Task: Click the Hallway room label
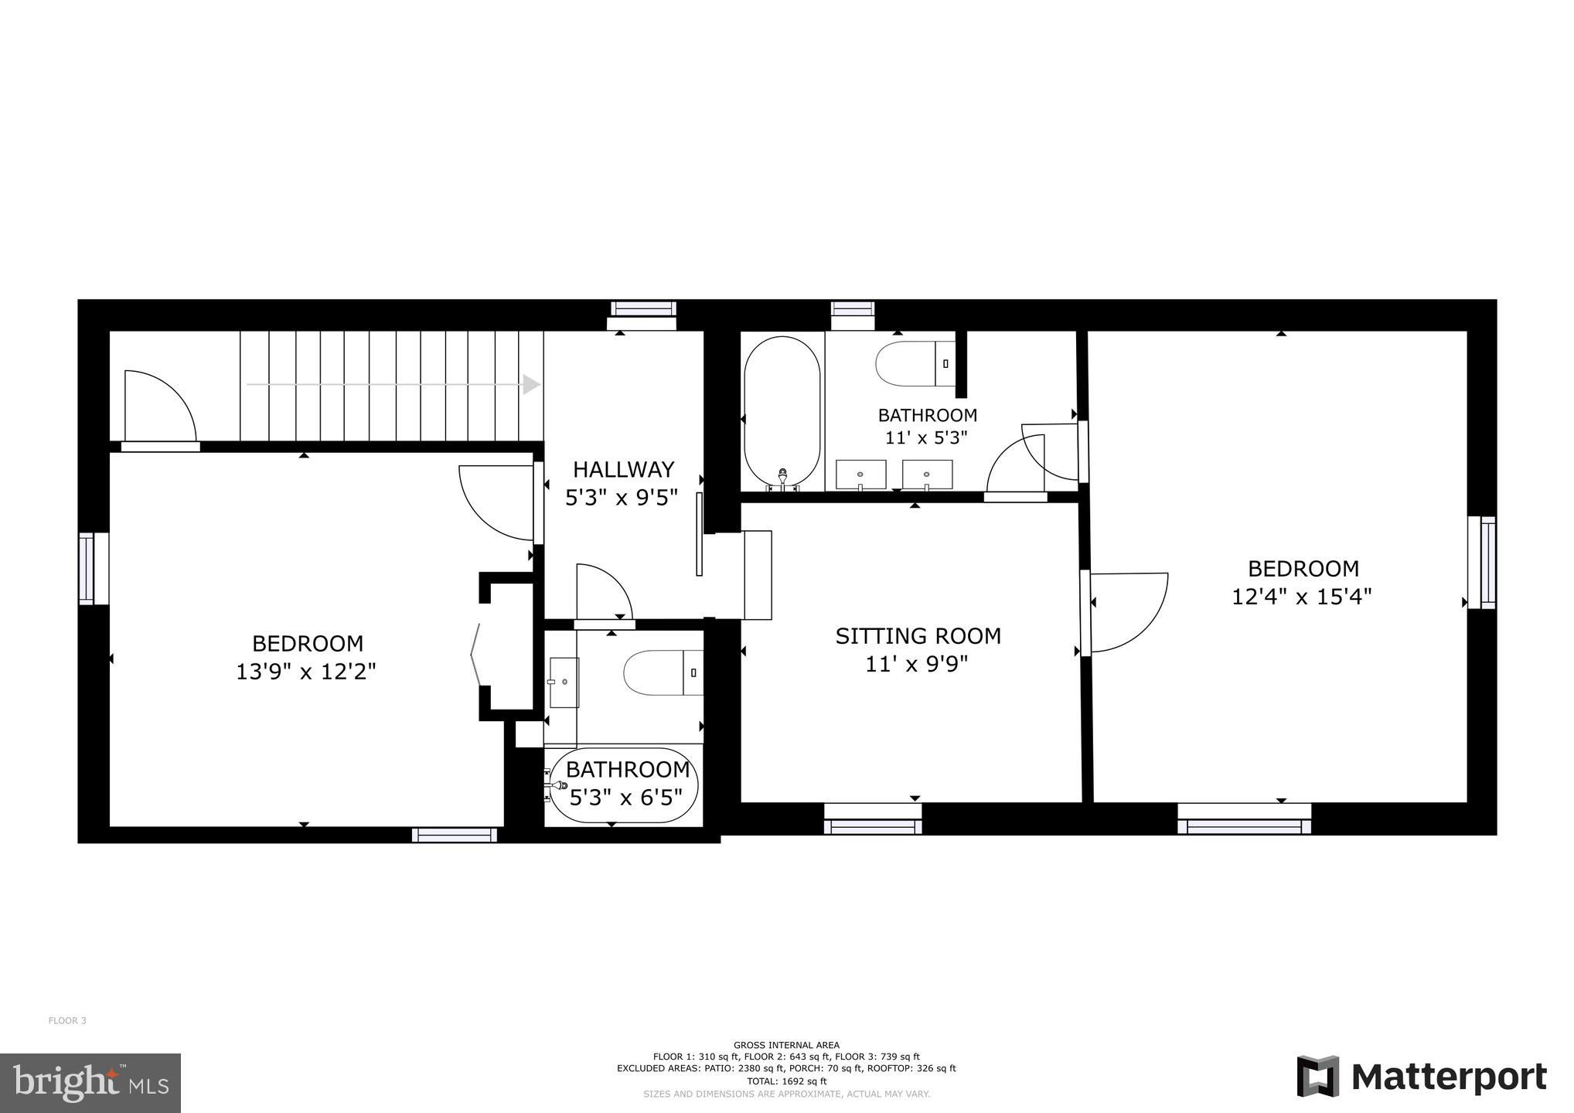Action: point(623,469)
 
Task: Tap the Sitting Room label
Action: point(918,636)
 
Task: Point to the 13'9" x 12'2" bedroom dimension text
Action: point(306,672)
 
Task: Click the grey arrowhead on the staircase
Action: point(531,384)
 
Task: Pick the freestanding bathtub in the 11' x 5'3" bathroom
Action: point(782,413)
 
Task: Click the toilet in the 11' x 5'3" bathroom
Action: point(915,363)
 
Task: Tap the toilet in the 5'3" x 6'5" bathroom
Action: point(663,672)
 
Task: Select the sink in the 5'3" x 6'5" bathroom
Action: point(564,682)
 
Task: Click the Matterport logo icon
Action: point(1318,1076)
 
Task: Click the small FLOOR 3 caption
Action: point(67,1020)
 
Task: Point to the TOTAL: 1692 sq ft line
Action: point(786,1081)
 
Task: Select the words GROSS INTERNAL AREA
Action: point(786,1045)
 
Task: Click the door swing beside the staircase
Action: point(160,406)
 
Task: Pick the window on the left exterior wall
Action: point(93,568)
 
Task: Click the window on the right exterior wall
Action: point(1482,562)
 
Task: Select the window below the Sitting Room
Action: point(873,819)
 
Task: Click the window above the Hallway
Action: point(643,315)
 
